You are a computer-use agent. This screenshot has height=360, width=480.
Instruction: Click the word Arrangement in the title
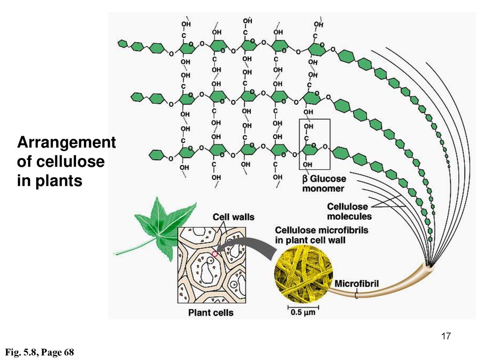[x=67, y=142]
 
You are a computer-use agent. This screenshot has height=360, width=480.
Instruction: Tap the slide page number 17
[x=446, y=336]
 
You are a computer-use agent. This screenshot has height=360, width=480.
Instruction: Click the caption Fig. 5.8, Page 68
[x=39, y=352]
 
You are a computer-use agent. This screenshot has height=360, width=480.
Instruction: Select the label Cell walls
[x=233, y=217]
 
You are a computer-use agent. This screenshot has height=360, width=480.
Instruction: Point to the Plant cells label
[x=210, y=313]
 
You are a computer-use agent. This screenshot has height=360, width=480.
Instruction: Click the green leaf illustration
[x=162, y=228]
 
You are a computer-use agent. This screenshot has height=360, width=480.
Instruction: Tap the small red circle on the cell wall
[x=215, y=254]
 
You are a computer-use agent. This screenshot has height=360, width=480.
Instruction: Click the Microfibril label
[x=357, y=284]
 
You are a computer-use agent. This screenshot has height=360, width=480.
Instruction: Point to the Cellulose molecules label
[x=349, y=211]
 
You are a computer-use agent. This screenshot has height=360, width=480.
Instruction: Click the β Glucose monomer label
[x=324, y=183]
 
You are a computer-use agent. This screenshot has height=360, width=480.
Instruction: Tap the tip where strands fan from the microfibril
[x=431, y=264]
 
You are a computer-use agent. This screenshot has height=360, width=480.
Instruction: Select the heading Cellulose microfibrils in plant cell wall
[x=322, y=235]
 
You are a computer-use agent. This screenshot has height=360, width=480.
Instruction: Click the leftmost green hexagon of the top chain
[x=122, y=44]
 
